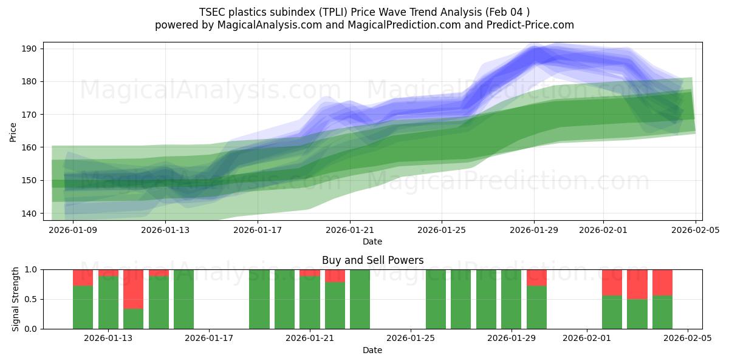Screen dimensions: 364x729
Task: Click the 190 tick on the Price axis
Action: pos(30,49)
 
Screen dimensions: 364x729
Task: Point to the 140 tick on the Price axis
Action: pos(30,213)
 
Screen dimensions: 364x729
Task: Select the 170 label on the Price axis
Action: pos(30,115)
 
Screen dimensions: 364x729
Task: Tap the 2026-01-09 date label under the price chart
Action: pos(73,230)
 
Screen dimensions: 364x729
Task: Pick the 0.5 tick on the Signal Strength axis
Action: pos(32,299)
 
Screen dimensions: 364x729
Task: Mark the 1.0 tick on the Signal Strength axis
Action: pos(32,269)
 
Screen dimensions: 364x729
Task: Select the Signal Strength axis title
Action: pos(16,299)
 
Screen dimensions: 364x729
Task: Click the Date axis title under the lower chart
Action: pos(372,350)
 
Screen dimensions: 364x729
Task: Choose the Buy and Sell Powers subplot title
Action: pos(372,261)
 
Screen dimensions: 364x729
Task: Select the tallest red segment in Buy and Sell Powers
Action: pos(133,289)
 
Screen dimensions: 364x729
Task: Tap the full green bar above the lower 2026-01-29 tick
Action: pos(512,299)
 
